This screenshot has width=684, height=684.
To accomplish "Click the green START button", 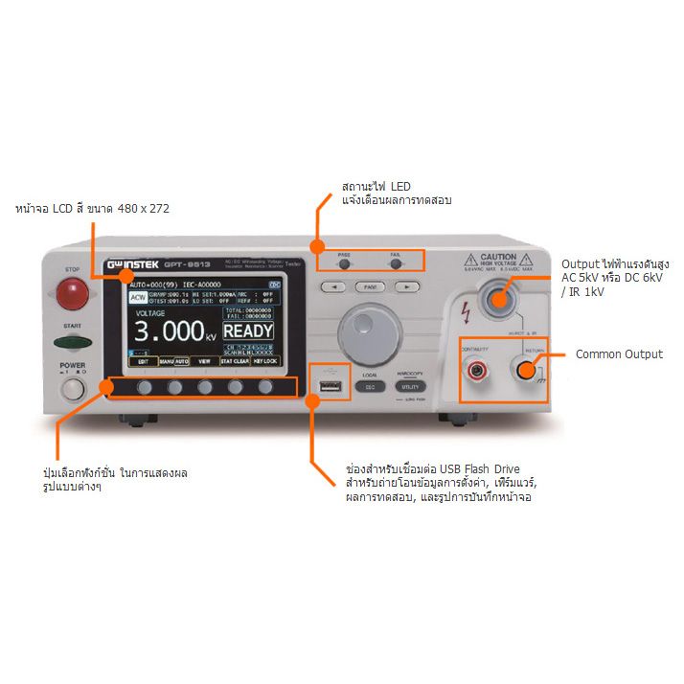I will click(73, 342).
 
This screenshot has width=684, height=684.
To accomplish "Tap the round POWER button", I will click(74, 388).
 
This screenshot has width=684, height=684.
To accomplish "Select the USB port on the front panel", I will click(330, 387).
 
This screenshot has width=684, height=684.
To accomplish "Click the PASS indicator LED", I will click(344, 265).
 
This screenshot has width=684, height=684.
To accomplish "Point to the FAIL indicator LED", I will click(395, 265).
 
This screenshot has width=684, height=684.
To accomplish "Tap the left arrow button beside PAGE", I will click(332, 286).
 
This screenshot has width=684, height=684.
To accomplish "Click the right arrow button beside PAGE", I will click(407, 286).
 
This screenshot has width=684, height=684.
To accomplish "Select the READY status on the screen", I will click(248, 331).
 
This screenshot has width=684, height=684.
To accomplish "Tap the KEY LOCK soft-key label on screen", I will click(265, 362).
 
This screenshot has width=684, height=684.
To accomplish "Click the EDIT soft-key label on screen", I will click(143, 362).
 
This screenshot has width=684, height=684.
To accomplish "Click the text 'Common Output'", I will click(618, 354).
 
